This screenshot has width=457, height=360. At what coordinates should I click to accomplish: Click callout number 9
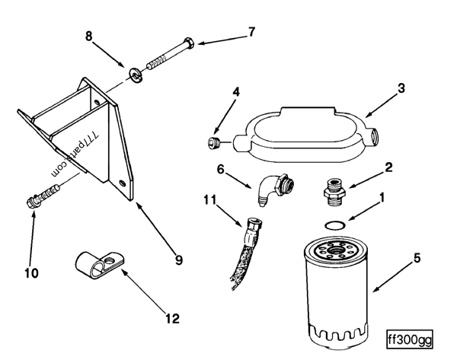[179, 260]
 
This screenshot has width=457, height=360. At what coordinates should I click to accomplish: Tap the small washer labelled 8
[135, 73]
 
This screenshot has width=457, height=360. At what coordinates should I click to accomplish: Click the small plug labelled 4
[214, 142]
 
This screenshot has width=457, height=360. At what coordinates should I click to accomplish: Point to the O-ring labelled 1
[333, 224]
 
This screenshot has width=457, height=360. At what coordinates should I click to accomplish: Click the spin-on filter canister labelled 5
[335, 289]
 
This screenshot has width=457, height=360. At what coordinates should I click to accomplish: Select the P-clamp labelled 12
[103, 263]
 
